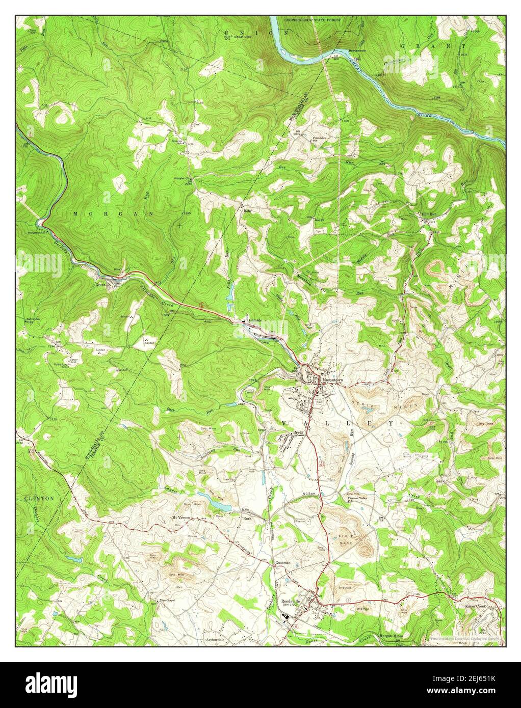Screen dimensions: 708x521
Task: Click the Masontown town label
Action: pos(332,379)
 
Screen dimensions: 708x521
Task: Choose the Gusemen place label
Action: pos(283,563)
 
